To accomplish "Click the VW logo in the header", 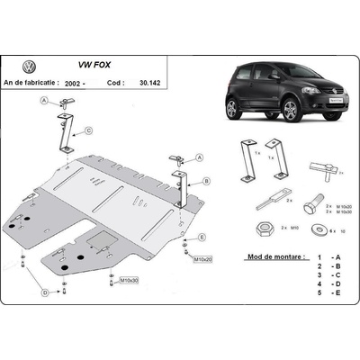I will (29, 67).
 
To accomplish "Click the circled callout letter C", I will (89, 131).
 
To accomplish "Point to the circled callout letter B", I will (206, 180).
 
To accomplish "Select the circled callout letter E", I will (202, 237).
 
